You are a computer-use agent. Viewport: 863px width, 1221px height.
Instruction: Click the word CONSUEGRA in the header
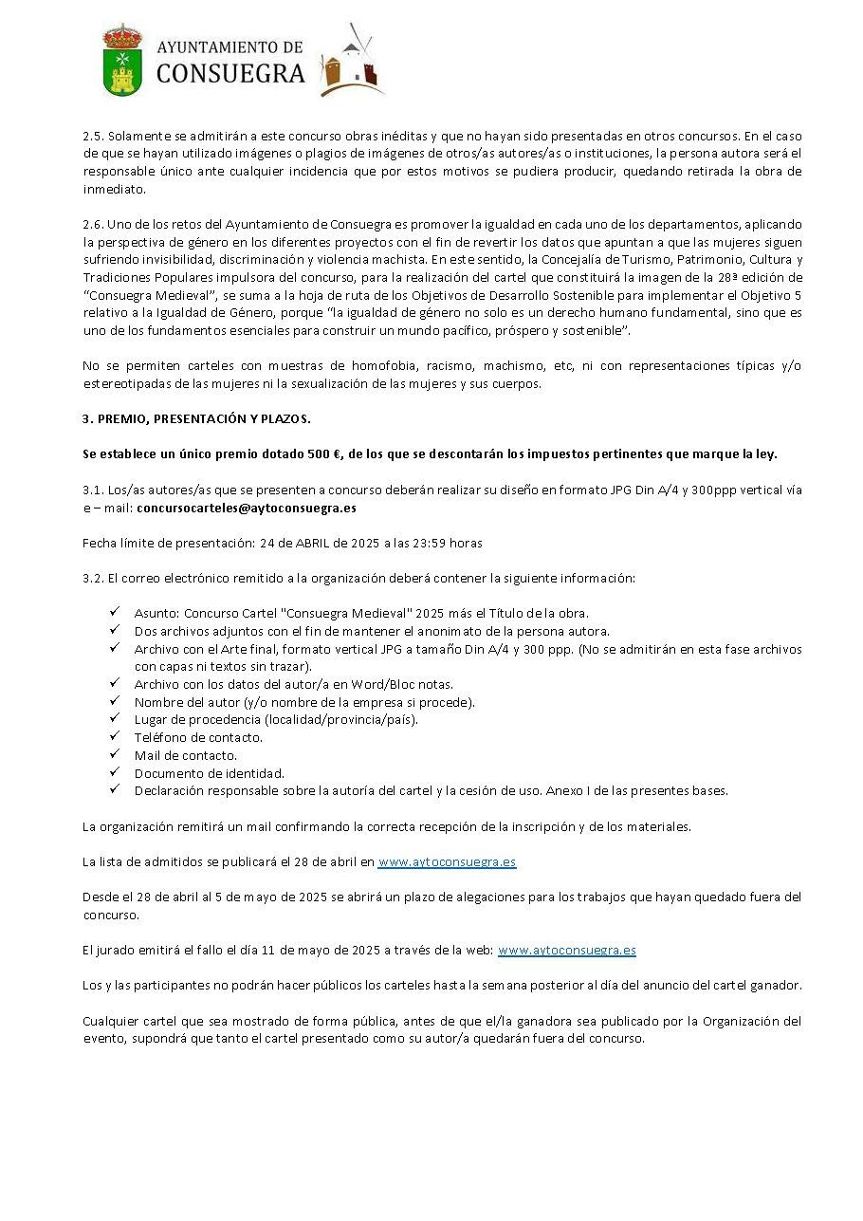(x=230, y=74)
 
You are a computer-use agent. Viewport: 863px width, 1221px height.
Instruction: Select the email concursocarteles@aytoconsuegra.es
(x=247, y=508)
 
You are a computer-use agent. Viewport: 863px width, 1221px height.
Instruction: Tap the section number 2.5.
(x=92, y=136)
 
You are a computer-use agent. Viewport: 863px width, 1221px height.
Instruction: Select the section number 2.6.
(x=92, y=224)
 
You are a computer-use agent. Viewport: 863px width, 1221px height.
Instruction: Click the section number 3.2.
(x=92, y=578)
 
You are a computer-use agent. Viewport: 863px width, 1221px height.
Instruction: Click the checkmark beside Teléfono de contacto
(x=114, y=736)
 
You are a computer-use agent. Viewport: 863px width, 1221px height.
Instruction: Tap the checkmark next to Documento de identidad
(x=114, y=772)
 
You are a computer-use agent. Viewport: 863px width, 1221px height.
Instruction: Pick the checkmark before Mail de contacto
(x=114, y=754)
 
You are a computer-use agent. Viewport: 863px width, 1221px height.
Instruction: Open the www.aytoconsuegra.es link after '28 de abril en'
(x=447, y=861)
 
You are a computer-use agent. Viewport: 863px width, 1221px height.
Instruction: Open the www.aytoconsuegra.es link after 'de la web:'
(x=566, y=950)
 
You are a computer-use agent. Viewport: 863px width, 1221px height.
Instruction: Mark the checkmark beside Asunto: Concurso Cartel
(x=114, y=613)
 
